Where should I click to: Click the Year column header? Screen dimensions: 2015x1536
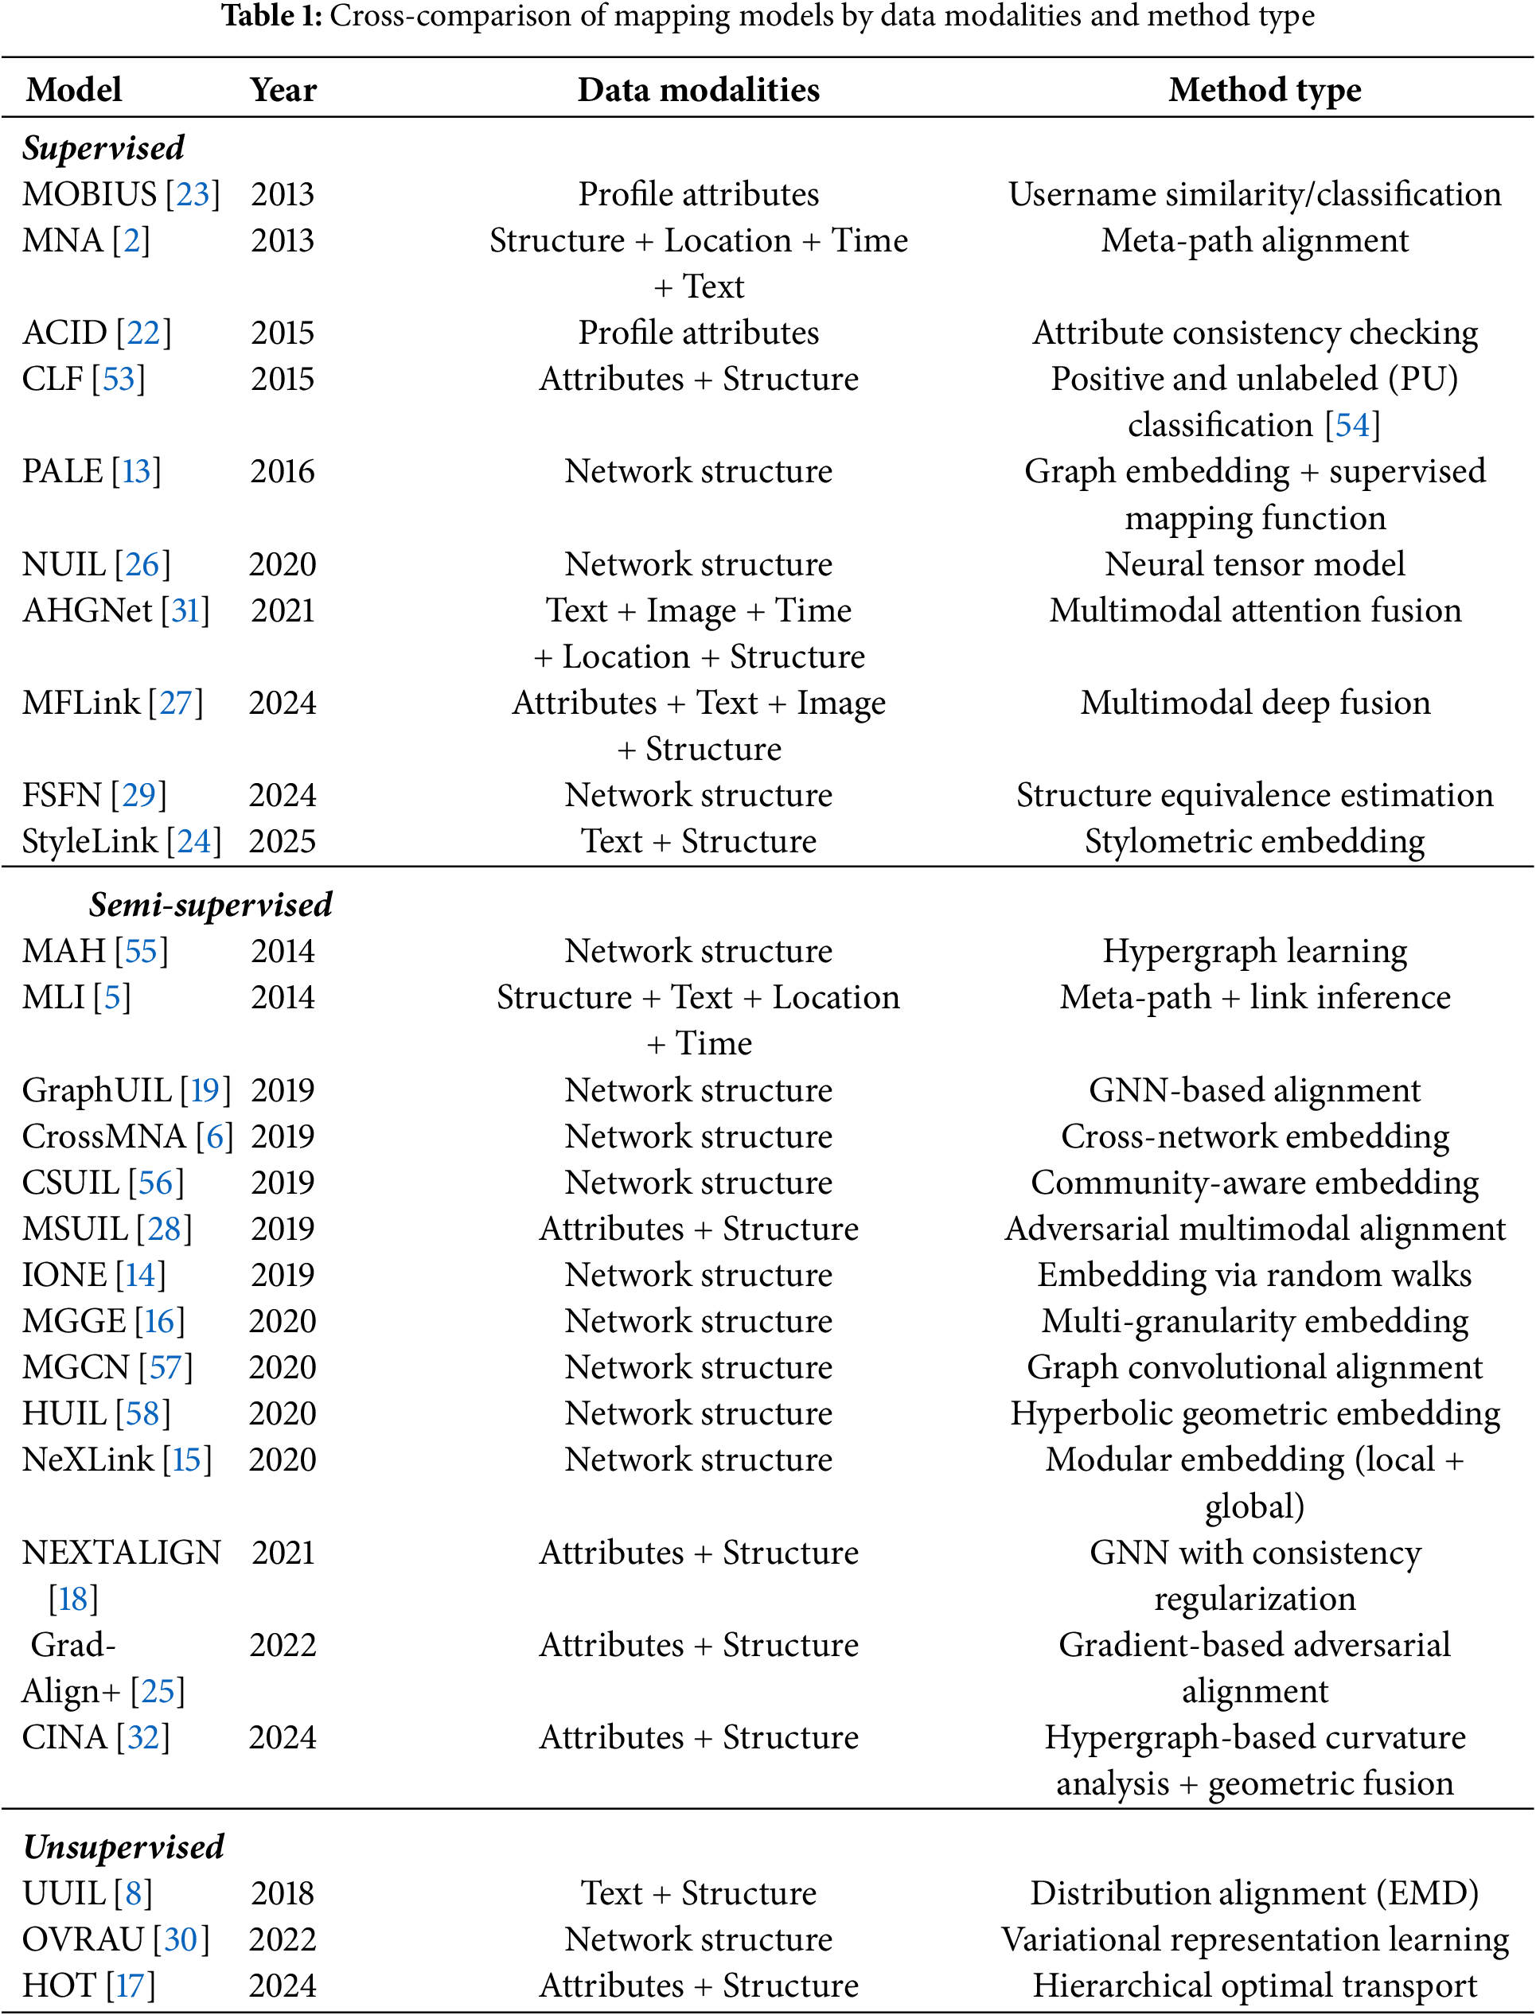pos(283,90)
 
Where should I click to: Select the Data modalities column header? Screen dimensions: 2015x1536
pos(699,90)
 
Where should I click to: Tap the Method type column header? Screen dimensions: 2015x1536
pos(1265,90)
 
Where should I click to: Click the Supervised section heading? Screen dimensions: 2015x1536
pos(103,148)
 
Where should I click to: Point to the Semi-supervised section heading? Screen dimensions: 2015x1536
pos(210,904)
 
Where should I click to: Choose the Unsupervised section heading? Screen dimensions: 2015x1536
pos(123,1845)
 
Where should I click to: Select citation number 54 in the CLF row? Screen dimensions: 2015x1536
pos(1352,425)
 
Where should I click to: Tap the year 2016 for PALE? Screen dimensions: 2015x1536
pos(283,472)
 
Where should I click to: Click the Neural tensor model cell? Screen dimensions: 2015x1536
pos(1254,564)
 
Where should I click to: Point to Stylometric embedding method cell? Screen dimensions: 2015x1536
pos(1254,841)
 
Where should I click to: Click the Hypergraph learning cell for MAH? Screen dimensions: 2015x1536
pos(1254,951)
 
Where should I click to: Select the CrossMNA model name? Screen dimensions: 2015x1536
pos(103,1136)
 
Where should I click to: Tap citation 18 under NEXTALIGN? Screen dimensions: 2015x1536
pos(73,1598)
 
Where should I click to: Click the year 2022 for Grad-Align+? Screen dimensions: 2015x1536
pos(283,1645)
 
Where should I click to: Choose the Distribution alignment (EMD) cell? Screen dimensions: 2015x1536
pos(1254,1892)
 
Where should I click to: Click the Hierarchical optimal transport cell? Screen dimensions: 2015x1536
pos(1254,1985)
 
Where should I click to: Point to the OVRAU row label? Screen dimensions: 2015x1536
pos(84,1939)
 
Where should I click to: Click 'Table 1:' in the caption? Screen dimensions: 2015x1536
pos(271,17)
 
